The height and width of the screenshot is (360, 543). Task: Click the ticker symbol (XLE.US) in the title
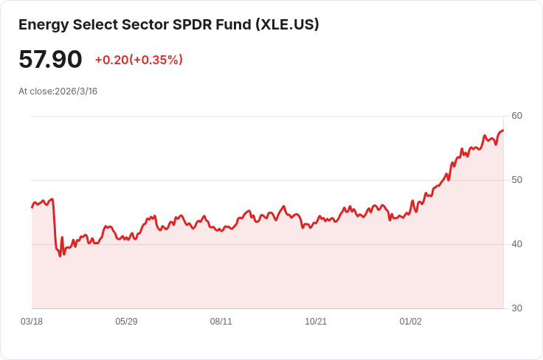[287, 24]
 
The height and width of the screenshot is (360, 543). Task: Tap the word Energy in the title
[42, 24]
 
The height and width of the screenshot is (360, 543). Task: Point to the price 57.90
[50, 59]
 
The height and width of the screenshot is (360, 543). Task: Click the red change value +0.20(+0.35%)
[139, 60]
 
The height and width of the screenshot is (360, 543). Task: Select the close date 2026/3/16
[76, 91]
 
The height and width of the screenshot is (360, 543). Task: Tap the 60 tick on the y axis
[516, 116]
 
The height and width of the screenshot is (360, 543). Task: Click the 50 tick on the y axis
[516, 180]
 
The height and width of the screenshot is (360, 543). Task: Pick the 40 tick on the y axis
[516, 244]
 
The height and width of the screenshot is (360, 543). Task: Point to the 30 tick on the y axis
[516, 308]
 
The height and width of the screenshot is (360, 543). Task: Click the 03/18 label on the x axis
[32, 322]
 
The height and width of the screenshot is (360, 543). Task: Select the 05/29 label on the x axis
[126, 322]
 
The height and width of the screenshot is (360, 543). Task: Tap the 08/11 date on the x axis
[221, 322]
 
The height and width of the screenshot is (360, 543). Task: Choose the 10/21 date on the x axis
[316, 322]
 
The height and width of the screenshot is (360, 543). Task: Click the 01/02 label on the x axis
[410, 322]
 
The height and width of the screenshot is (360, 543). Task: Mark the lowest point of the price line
[60, 255]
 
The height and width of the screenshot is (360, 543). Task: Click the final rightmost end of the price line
[503, 131]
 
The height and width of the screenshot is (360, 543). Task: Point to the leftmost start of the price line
[32, 207]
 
